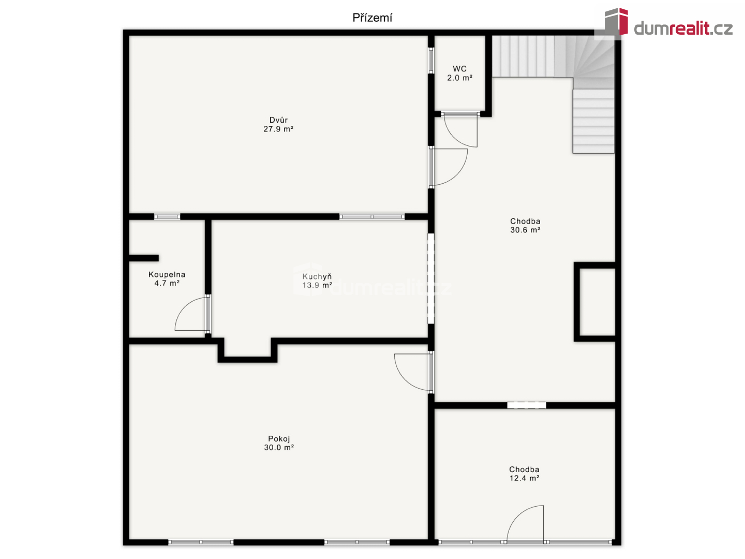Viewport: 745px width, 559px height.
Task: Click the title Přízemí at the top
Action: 372,18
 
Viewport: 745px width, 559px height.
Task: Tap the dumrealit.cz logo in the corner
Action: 668,23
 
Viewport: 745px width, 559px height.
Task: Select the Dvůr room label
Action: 278,120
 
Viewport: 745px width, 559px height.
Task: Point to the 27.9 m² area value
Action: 278,129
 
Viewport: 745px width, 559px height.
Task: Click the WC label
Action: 459,69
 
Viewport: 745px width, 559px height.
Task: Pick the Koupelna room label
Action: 167,274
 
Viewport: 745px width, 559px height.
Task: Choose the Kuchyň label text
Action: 317,276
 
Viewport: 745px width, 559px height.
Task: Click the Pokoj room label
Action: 279,439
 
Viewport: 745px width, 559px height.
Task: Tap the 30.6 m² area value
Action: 525,230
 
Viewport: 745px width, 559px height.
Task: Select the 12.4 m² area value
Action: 525,478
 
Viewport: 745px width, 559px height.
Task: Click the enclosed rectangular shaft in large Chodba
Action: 595,302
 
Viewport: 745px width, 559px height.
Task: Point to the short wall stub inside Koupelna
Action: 144,258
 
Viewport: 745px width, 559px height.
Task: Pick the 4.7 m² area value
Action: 167,284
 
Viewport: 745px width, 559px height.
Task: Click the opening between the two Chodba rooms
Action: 527,405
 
